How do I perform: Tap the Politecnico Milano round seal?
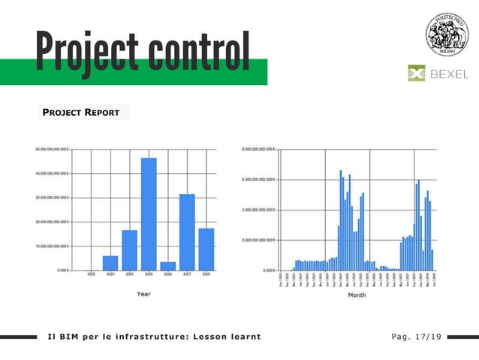(x=447, y=34)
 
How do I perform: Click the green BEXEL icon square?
(x=417, y=74)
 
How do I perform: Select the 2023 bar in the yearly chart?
(x=110, y=262)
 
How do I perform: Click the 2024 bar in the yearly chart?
(x=129, y=250)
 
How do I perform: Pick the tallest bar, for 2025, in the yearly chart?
(x=149, y=213)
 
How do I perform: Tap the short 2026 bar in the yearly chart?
(x=168, y=265)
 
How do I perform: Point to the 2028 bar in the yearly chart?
(x=206, y=249)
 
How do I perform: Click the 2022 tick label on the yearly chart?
(x=91, y=275)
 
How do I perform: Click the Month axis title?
(x=357, y=295)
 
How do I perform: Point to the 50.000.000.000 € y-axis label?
(x=52, y=149)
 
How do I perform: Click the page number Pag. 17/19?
(x=412, y=336)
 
